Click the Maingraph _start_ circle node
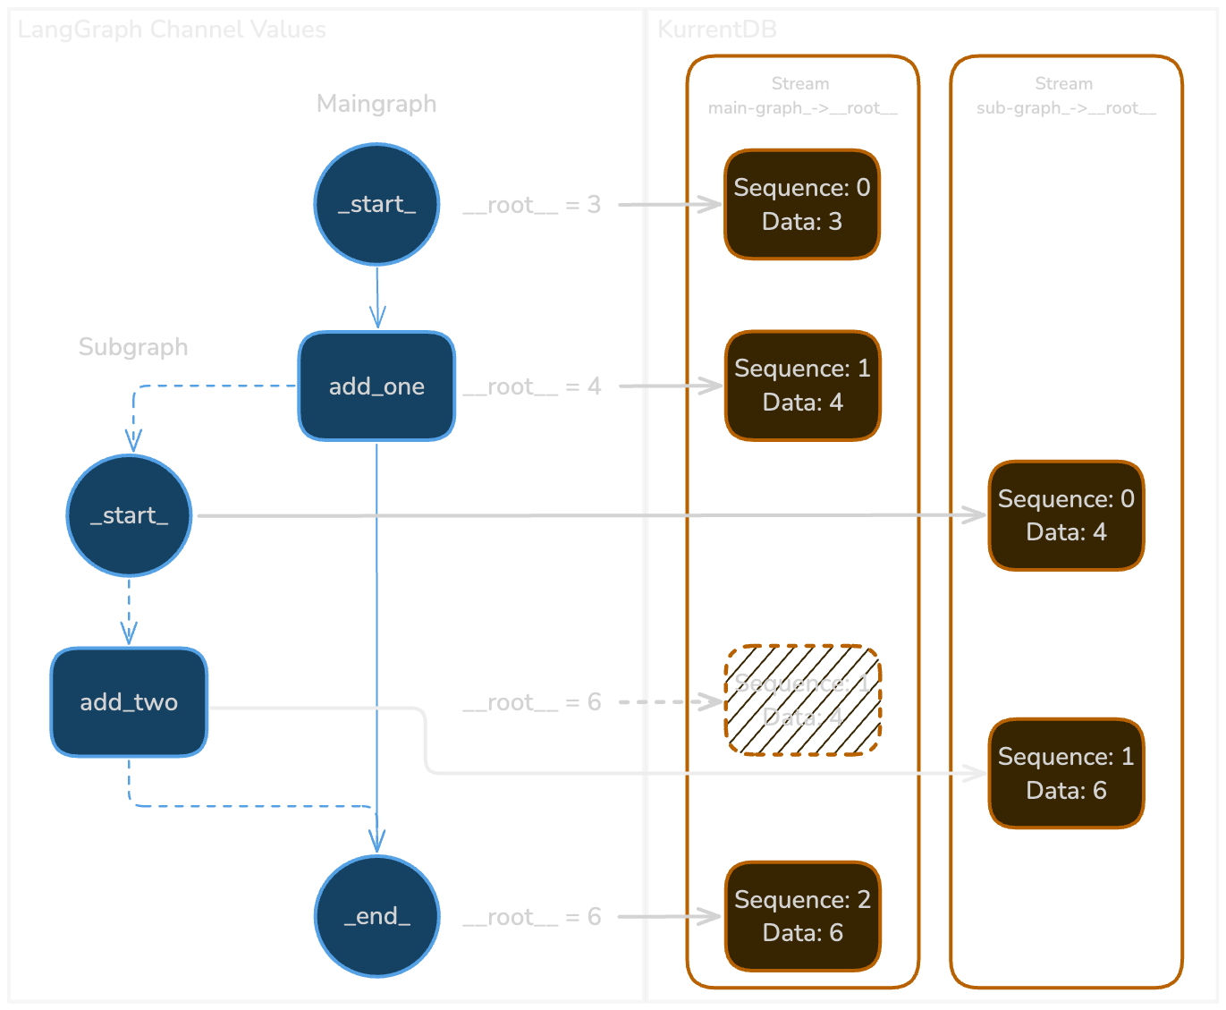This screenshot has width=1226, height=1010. tap(376, 205)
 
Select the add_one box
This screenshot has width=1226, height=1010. tap(376, 386)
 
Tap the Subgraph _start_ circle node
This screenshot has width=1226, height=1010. tap(130, 515)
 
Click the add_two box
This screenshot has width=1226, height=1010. tap(130, 702)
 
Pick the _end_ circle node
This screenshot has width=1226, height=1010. tap(376, 916)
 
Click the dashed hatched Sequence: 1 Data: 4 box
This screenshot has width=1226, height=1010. tap(802, 700)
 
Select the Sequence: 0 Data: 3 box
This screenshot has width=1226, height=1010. tap(802, 205)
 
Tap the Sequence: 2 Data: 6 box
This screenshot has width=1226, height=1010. tap(802, 916)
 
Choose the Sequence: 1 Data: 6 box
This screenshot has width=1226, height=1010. tap(1066, 773)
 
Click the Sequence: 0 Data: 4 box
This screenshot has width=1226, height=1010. tap(1066, 515)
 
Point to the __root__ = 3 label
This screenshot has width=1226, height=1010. tap(532, 205)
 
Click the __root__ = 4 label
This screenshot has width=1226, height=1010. tap(532, 386)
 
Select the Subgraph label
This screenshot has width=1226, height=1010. tap(133, 347)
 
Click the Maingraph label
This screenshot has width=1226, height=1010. tap(376, 104)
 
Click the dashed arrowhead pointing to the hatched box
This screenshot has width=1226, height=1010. tap(714, 702)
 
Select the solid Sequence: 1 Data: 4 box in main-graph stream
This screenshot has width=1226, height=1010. tap(802, 386)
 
